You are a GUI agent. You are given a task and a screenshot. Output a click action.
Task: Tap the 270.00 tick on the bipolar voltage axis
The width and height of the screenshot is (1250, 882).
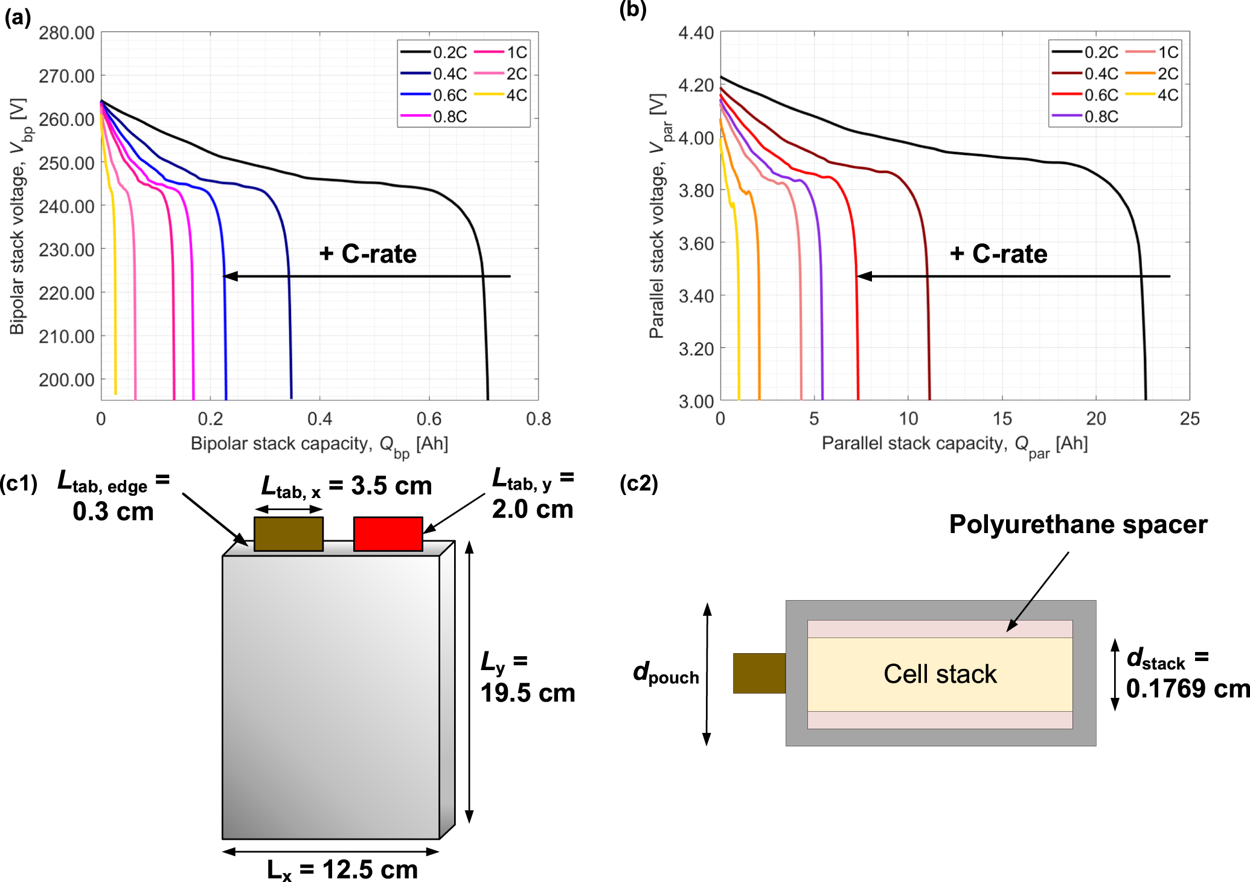66,76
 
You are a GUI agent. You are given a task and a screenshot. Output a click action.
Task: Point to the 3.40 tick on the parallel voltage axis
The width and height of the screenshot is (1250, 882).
696,296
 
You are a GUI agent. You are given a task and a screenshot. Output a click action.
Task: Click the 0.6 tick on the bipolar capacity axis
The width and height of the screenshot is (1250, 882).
429,418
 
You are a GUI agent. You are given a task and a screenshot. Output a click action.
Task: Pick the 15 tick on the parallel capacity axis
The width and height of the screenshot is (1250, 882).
1002,418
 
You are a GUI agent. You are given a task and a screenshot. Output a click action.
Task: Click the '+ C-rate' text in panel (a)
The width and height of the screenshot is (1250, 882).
368,254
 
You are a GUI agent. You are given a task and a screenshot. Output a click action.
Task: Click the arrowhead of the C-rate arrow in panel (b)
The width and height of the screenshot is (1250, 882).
864,276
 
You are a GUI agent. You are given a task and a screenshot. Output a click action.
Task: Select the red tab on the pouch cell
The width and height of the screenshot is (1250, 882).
388,533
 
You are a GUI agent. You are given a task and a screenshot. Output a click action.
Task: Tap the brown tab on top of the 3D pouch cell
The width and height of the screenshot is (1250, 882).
288,533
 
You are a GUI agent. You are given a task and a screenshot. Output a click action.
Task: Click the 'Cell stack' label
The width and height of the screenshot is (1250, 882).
940,674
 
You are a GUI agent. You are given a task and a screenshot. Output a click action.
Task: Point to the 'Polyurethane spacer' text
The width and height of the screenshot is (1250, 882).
1078,524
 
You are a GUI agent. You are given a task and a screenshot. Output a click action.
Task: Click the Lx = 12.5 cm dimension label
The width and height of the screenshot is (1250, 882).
342,869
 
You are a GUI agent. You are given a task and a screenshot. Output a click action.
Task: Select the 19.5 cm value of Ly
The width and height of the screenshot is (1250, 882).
527,693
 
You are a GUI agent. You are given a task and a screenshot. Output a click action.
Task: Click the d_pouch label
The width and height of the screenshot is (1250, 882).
665,673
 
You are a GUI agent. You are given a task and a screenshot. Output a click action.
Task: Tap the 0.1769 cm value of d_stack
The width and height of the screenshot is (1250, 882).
1187,688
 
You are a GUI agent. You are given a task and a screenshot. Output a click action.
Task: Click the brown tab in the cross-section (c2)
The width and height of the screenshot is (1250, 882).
759,673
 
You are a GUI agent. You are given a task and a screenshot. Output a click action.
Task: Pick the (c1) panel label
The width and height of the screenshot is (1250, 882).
18,483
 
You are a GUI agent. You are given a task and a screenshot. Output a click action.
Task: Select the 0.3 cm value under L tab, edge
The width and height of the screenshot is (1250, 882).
113,512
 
